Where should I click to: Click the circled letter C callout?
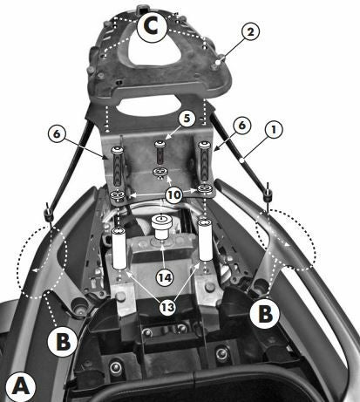[x=152, y=26]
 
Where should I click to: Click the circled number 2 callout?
[x=250, y=31]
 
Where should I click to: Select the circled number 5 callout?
[x=187, y=119]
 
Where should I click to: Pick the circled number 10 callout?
[x=174, y=194]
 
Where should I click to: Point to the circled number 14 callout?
[x=165, y=277]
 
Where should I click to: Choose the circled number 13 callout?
[x=167, y=307]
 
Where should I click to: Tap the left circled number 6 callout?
[x=58, y=133]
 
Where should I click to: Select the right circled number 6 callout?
[x=241, y=126]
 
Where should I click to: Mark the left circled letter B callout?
[x=63, y=341]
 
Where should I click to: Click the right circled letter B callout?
[x=265, y=313]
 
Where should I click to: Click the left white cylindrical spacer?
[x=119, y=249]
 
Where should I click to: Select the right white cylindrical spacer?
[x=205, y=240]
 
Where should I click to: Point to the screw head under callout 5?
[x=160, y=144]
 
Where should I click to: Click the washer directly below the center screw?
[x=160, y=173]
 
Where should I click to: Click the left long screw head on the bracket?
[x=118, y=151]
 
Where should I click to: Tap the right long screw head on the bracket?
[x=203, y=145]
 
